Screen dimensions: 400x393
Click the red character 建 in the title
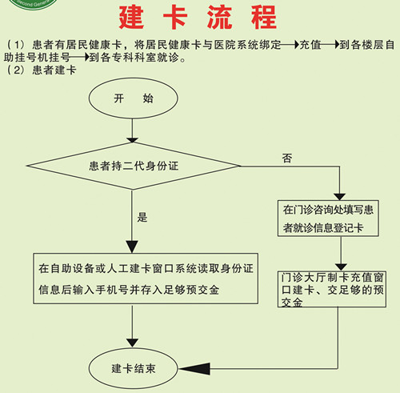[131, 18]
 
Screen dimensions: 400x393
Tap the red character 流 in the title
[219, 18]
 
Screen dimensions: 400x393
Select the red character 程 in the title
[264, 18]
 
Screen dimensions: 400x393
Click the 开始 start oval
[134, 98]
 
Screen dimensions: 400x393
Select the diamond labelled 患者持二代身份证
[134, 166]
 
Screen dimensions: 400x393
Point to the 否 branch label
[287, 158]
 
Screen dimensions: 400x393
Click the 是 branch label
[142, 217]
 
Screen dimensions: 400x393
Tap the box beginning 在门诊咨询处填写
[328, 219]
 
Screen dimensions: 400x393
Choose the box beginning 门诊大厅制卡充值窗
[332, 289]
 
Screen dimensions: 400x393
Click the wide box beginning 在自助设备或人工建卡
[146, 279]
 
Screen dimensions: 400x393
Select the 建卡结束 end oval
[134, 369]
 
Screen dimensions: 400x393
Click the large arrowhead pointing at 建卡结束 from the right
[194, 369]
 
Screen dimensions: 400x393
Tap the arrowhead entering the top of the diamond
[132, 140]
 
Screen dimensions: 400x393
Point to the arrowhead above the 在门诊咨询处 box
[340, 197]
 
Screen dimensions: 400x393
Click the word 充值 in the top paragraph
[310, 45]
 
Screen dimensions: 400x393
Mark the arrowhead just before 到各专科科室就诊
[86, 57]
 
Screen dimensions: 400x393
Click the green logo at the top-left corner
[33, 4]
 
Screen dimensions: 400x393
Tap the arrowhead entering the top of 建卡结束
[132, 343]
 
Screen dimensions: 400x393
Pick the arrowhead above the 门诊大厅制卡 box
[341, 267]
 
